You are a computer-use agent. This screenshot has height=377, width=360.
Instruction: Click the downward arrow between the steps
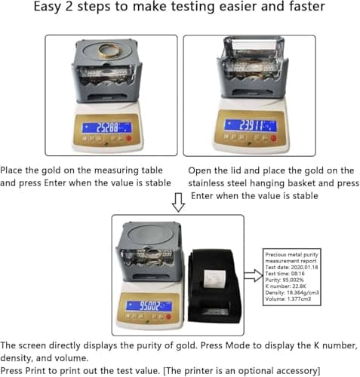click(x=178, y=201)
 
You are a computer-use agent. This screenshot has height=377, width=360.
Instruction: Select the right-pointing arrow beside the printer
click(x=254, y=272)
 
